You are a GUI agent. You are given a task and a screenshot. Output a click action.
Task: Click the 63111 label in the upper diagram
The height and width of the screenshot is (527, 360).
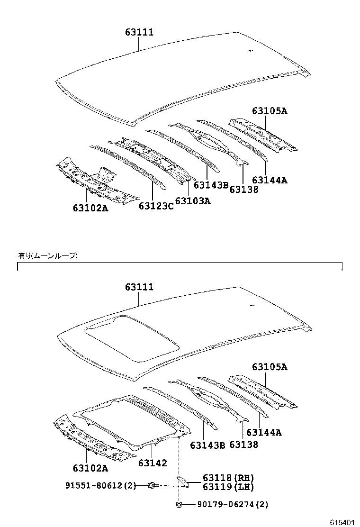click(x=139, y=32)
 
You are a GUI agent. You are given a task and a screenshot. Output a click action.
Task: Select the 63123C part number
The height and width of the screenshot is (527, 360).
click(x=156, y=206)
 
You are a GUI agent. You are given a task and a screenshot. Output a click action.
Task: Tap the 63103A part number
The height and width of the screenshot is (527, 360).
click(x=193, y=200)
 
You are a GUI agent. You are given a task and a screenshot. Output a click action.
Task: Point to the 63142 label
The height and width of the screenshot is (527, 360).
click(x=153, y=463)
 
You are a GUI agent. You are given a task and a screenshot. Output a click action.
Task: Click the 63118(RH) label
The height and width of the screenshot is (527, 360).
click(x=228, y=478)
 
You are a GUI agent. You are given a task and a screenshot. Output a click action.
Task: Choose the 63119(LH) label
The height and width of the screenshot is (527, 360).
click(x=228, y=486)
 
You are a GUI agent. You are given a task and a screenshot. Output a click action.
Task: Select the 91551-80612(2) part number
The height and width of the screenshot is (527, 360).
click(x=101, y=485)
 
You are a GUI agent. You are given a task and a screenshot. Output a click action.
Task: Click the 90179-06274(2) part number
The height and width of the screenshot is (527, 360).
click(x=233, y=504)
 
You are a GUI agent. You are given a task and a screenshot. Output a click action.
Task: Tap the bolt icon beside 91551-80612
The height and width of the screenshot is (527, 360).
click(x=152, y=485)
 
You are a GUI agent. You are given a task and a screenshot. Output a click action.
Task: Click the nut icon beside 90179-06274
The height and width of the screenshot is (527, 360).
click(x=179, y=504)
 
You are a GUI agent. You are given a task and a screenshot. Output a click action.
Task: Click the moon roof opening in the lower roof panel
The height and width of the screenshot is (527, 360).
click(x=131, y=339)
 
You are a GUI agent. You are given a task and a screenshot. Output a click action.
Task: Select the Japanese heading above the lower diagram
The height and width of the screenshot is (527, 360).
click(x=48, y=256)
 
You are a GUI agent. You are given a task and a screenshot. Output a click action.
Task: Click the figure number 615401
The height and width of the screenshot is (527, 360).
click(x=342, y=522)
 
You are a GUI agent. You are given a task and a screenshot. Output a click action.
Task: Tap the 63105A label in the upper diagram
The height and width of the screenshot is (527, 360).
click(x=270, y=110)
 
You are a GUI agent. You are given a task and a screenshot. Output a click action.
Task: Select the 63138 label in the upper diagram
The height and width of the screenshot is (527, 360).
click(x=244, y=189)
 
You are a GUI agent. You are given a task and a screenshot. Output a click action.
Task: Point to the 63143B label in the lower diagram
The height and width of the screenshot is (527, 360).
click(x=207, y=445)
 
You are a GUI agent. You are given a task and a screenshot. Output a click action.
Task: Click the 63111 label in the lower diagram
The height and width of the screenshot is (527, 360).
click(x=139, y=287)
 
